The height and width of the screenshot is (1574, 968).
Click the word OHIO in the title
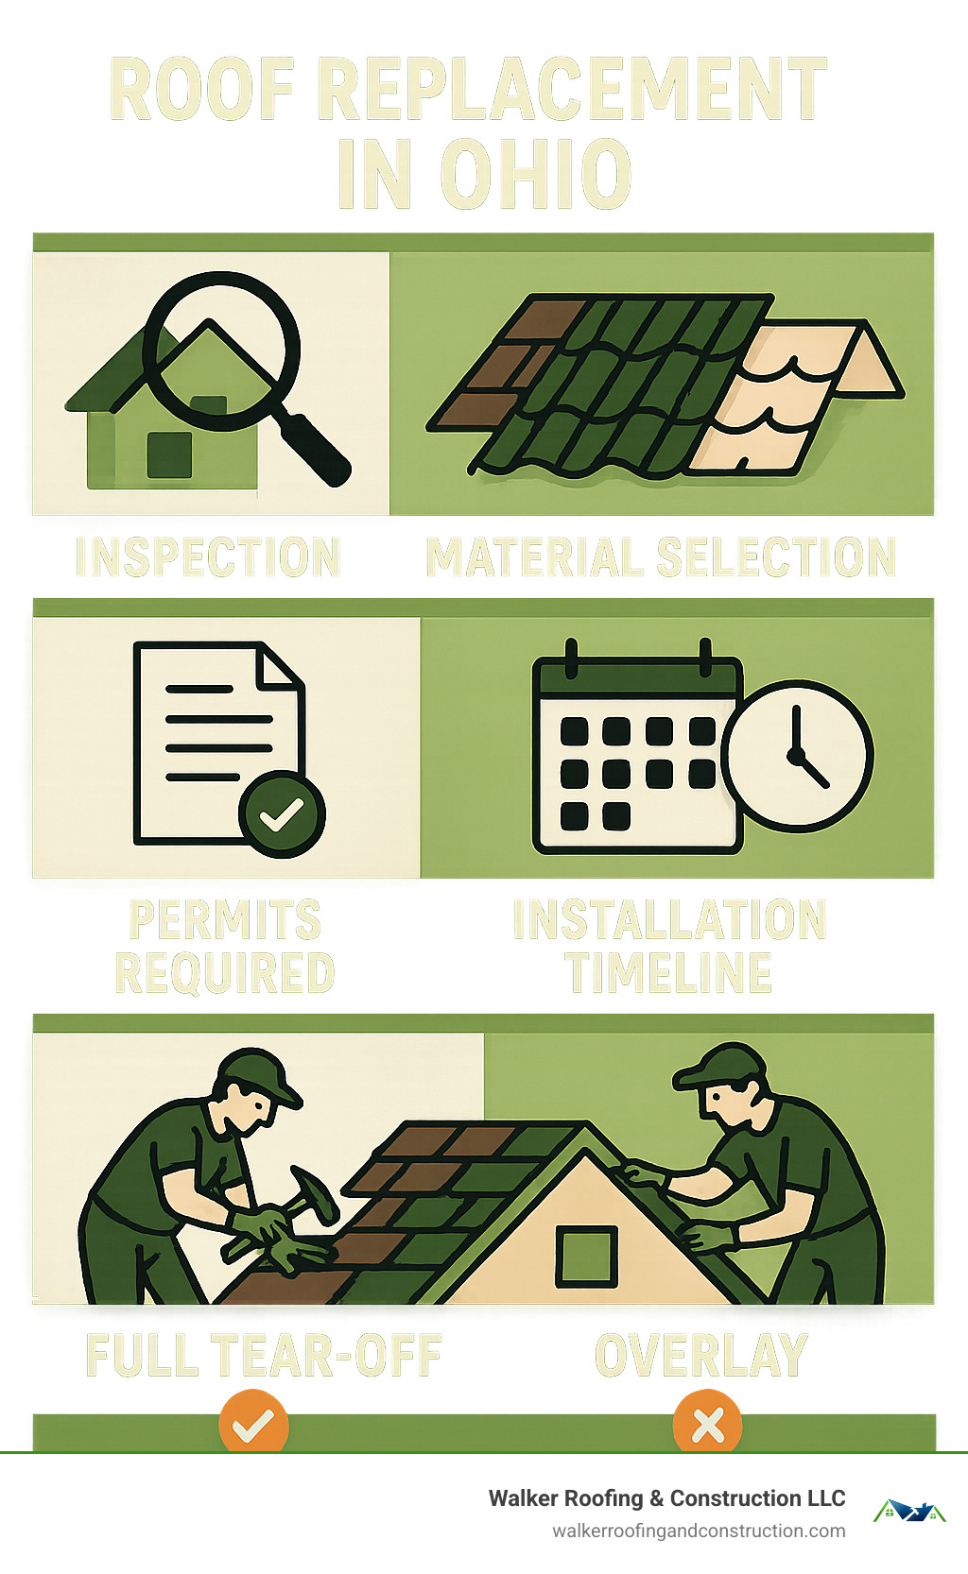tap(535, 175)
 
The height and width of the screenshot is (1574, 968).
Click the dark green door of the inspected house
tap(170, 454)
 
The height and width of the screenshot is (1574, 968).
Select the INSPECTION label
tap(208, 557)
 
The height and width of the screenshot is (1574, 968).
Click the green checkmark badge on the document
tap(282, 813)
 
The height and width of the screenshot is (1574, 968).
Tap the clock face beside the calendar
tap(797, 755)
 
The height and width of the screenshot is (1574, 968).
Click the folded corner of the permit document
tap(280, 666)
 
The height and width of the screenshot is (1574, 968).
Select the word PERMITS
tap(225, 920)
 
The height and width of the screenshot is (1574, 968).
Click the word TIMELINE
tap(669, 973)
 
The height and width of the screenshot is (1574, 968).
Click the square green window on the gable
tap(586, 1257)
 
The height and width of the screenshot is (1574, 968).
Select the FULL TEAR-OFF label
tap(264, 1356)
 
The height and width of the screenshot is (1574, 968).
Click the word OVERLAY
tap(701, 1356)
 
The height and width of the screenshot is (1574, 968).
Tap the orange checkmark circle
tap(253, 1424)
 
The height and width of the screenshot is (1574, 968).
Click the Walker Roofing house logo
tap(908, 1511)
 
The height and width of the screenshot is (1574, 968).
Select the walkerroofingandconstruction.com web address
tap(699, 1531)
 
